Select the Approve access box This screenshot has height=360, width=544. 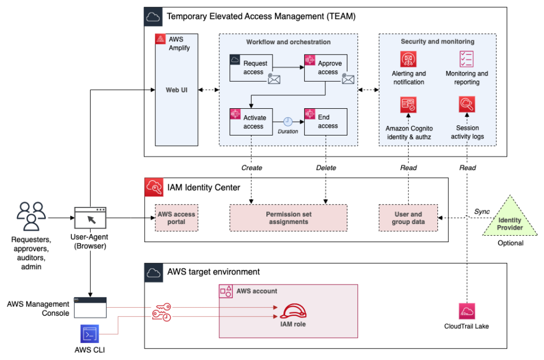pyautogui.click(x=326, y=67)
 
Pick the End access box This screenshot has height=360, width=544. pyautogui.click(x=326, y=121)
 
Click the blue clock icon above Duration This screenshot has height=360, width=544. pyautogui.click(x=288, y=121)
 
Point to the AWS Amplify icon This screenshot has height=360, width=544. pyautogui.click(x=160, y=40)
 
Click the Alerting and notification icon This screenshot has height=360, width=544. pyautogui.click(x=408, y=58)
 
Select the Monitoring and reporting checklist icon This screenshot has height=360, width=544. pyautogui.click(x=466, y=58)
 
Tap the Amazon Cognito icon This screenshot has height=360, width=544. pyautogui.click(x=408, y=105)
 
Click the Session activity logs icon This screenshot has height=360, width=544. pyautogui.click(x=466, y=105)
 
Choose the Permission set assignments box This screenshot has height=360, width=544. pyautogui.click(x=288, y=218)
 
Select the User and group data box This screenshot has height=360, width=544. pyautogui.click(x=408, y=218)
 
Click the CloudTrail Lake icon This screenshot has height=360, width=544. pyautogui.click(x=466, y=311)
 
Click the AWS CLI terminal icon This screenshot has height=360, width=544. pyautogui.click(x=90, y=335)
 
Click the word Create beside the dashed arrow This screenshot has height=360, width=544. pyautogui.click(x=251, y=168)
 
